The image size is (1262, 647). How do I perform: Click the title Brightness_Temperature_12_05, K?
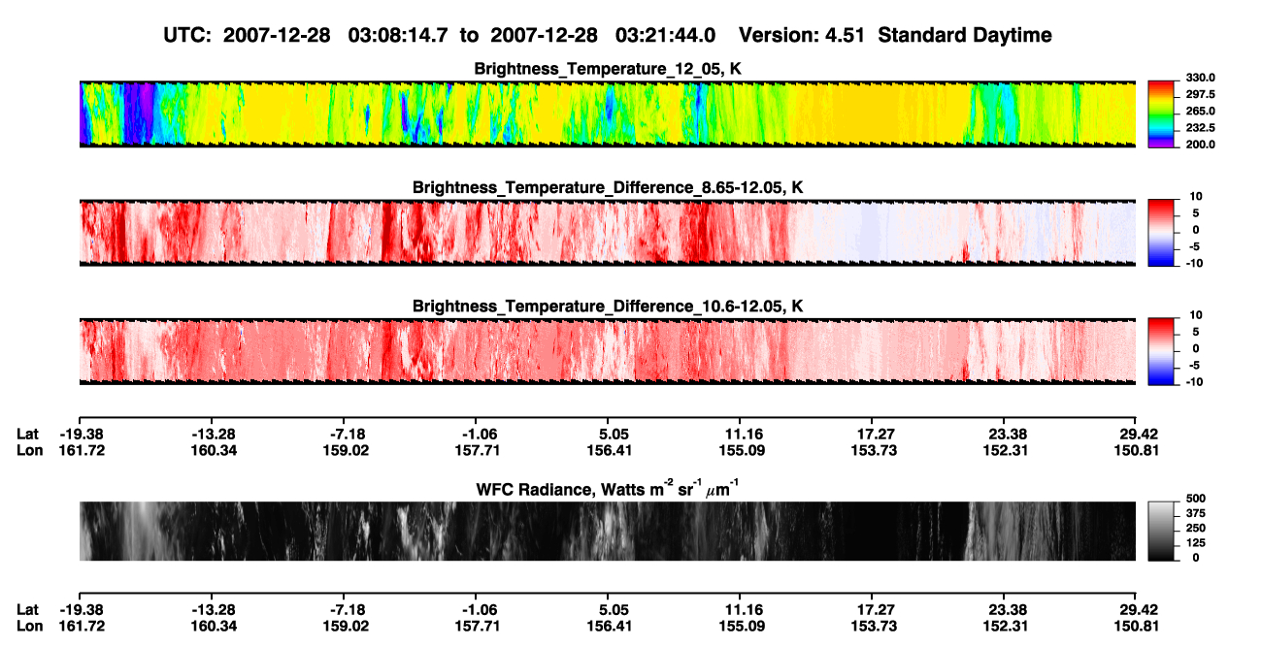coord(608,69)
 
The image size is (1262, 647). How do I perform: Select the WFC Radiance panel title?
coord(608,489)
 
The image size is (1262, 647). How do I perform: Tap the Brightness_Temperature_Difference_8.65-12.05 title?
coord(608,187)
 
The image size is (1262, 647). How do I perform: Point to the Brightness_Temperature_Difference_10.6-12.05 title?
coord(608,307)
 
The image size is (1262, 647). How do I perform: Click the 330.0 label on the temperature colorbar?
coord(1200,78)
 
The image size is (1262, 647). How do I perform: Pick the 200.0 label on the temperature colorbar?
coord(1200,145)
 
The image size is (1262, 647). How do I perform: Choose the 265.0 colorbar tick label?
coord(1200,111)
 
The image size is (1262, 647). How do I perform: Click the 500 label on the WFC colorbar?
coord(1196,499)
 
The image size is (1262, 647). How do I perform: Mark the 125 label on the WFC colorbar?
coord(1196,543)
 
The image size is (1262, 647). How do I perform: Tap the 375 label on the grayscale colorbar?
coord(1196,513)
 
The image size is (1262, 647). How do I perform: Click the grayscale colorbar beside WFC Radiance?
coord(1161,531)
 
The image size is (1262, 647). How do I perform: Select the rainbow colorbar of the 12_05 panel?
coord(1161,114)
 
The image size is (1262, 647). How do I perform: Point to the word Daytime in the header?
coord(1011,36)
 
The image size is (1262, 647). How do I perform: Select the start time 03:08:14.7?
coord(398,35)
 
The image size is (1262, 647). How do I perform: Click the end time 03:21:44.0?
coord(665,35)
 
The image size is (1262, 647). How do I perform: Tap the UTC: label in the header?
coord(187,35)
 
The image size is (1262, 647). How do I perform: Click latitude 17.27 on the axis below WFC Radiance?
coord(874,610)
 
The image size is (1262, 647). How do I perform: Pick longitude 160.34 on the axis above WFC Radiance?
coord(214,450)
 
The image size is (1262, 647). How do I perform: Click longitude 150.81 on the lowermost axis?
coord(1136,627)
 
